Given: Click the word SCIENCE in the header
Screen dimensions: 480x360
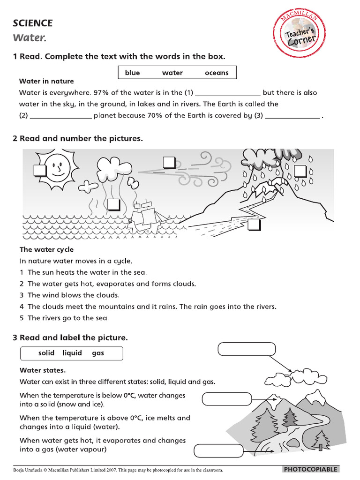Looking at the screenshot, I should (x=33, y=23).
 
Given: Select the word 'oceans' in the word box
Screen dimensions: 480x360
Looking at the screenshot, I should (x=217, y=73).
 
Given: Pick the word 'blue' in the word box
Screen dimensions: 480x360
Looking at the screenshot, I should (x=133, y=73).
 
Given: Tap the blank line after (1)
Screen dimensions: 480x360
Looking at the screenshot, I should (x=227, y=93).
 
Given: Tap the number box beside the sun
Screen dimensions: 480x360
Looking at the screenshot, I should (x=40, y=171).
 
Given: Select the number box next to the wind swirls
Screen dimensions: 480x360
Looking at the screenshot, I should (x=169, y=163).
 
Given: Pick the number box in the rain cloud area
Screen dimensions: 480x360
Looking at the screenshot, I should (x=300, y=172).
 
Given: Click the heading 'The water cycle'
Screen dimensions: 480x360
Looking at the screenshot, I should (x=46, y=249).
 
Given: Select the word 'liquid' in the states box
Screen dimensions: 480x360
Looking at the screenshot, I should (x=72, y=353).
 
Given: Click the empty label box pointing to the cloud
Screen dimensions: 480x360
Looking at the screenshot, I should (x=247, y=350).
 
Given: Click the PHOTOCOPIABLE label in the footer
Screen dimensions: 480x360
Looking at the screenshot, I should (x=310, y=469).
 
